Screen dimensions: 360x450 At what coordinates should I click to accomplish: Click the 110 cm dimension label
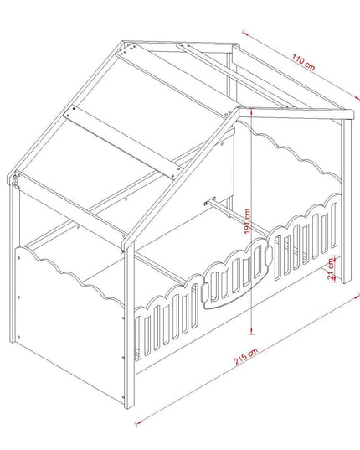(x=303, y=62)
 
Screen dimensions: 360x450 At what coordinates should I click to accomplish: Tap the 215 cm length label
(x=246, y=356)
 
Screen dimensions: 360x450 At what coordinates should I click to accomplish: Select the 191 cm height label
(x=248, y=221)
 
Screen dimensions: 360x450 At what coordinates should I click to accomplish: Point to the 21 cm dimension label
(x=332, y=269)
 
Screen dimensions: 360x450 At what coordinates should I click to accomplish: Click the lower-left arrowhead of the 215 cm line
(x=138, y=422)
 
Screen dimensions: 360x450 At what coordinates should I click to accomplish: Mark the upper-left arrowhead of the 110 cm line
(x=244, y=32)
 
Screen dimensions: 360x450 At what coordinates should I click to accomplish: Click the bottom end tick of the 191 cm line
(x=251, y=334)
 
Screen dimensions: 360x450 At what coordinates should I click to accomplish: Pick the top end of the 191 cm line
(x=251, y=109)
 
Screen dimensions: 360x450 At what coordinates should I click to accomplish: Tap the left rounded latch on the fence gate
(x=205, y=292)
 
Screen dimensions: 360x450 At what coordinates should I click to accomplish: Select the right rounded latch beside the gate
(x=268, y=255)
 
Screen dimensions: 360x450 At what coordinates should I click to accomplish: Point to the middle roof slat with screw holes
(x=123, y=142)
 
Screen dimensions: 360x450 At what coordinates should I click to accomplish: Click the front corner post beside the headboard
(x=129, y=324)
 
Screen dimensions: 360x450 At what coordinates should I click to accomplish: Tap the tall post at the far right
(x=347, y=201)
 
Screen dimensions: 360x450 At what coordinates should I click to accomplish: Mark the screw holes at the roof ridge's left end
(x=127, y=49)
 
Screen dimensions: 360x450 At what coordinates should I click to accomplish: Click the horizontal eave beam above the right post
(x=296, y=114)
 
